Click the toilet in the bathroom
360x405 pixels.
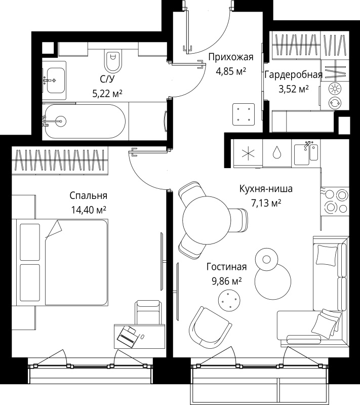[113, 60]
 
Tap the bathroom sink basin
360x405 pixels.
[56, 80]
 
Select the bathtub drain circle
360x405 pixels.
[61, 121]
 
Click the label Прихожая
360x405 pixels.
[230, 57]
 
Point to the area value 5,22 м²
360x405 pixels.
[107, 93]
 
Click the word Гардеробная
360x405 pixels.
[294, 75]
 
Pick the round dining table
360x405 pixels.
[207, 220]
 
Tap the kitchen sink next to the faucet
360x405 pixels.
[302, 154]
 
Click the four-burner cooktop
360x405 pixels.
[335, 201]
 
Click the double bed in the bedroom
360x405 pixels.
[62, 262]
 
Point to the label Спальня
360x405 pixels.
[88, 196]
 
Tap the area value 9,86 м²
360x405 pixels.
[227, 281]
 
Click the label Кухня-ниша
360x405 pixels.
[266, 189]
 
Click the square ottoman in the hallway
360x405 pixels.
[244, 114]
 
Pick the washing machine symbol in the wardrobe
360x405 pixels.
[335, 103]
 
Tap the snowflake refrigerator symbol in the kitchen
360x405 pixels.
[248, 153]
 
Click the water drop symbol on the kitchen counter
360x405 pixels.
[277, 152]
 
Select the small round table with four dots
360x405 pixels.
[229, 300]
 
